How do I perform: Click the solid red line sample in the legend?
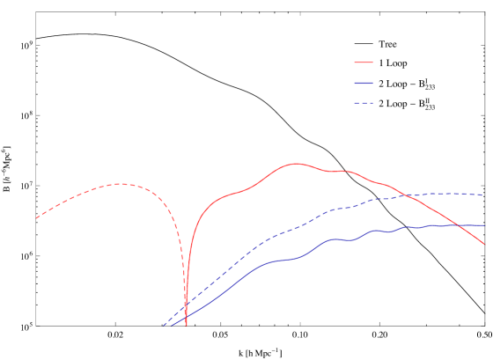(364, 62)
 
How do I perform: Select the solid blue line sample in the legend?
(364, 83)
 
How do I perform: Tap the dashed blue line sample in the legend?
(364, 103)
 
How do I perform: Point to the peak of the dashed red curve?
(119, 184)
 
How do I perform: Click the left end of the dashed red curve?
(36, 217)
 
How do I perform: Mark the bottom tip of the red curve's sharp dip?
(186, 325)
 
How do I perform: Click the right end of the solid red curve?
(483, 244)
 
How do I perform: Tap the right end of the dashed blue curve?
(482, 195)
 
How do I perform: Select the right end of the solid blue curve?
(484, 225)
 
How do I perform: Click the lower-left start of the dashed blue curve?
(163, 326)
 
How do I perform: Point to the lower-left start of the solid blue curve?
(172, 326)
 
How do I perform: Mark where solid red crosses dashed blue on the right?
(406, 195)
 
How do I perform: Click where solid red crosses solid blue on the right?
(459, 225)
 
